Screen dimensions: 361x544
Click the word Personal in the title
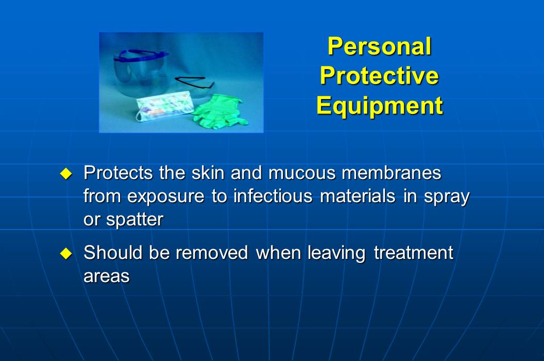pyautogui.click(x=379, y=46)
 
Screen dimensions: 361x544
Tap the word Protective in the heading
pyautogui.click(x=379, y=76)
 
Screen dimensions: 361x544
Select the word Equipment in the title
pyautogui.click(x=379, y=105)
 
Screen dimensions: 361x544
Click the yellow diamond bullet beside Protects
pyautogui.click(x=65, y=174)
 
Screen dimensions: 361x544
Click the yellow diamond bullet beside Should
pyautogui.click(x=65, y=253)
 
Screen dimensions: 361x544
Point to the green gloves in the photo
pyautogui.click(x=219, y=111)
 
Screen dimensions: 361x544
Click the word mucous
pyautogui.click(x=301, y=173)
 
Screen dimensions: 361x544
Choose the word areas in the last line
pyautogui.click(x=106, y=276)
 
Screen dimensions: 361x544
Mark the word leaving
pyautogui.click(x=337, y=253)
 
